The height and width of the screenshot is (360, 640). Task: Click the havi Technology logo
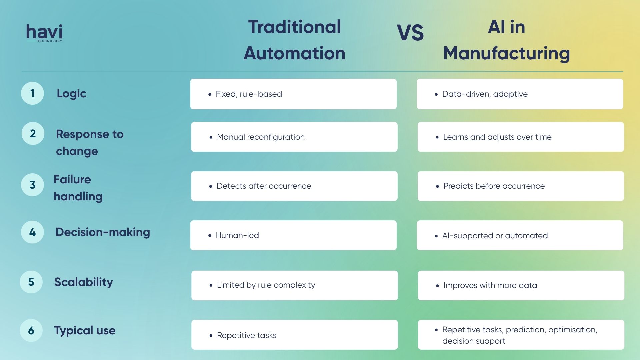tap(44, 33)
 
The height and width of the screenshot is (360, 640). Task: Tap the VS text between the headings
tap(410, 33)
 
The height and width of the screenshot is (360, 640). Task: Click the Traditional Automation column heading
tap(294, 40)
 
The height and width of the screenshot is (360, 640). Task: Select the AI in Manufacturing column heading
tap(506, 40)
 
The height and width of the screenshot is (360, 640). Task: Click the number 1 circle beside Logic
tap(32, 93)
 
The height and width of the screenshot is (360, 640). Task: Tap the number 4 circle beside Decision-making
tap(32, 232)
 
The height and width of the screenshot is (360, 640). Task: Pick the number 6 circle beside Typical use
tap(31, 330)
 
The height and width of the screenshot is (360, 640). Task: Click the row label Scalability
tap(84, 282)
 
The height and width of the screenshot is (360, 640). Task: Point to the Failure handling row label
tap(78, 188)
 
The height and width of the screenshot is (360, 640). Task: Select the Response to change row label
tap(90, 142)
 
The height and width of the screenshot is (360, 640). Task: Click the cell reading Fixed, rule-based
tap(293, 94)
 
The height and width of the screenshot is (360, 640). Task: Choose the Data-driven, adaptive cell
tap(520, 94)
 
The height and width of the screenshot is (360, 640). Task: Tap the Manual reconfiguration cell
tap(294, 137)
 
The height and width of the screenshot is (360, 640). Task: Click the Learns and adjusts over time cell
tap(521, 137)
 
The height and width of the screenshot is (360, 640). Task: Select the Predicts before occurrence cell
tap(521, 186)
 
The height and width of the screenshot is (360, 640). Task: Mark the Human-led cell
tap(293, 235)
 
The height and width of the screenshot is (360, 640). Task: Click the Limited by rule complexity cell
tap(294, 285)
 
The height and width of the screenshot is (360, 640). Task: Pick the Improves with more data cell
tap(521, 285)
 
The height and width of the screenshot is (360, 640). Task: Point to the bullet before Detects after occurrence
tap(211, 186)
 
